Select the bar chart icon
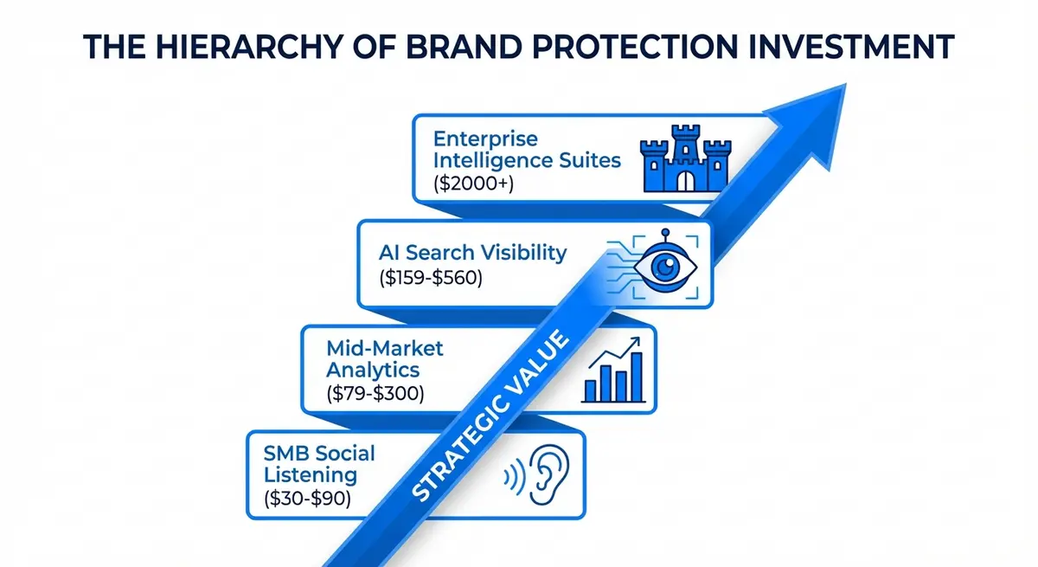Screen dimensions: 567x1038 click(612, 370)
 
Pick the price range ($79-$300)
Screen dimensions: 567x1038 click(376, 393)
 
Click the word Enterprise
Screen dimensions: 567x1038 click(485, 139)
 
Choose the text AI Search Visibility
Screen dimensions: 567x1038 click(472, 253)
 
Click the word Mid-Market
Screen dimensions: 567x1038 click(385, 348)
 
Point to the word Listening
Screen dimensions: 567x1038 click(311, 474)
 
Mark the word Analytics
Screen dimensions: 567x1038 click(373, 370)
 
